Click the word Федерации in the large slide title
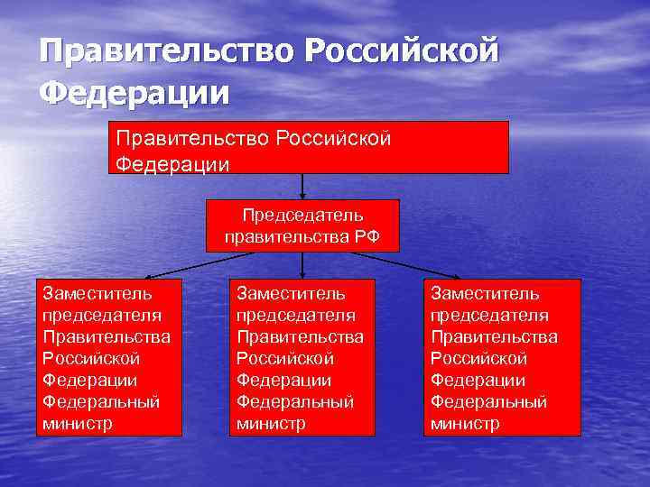coord(135,92)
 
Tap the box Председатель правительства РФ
coord(302,225)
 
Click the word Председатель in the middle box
coord(302,216)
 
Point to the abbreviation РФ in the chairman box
coord(367,237)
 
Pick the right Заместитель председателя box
coord(502,357)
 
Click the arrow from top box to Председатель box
coord(302,186)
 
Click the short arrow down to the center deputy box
coord(302,265)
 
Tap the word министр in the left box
coord(78,423)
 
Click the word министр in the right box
coord(465,423)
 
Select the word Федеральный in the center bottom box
coord(294,401)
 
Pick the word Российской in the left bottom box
coord(91,358)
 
